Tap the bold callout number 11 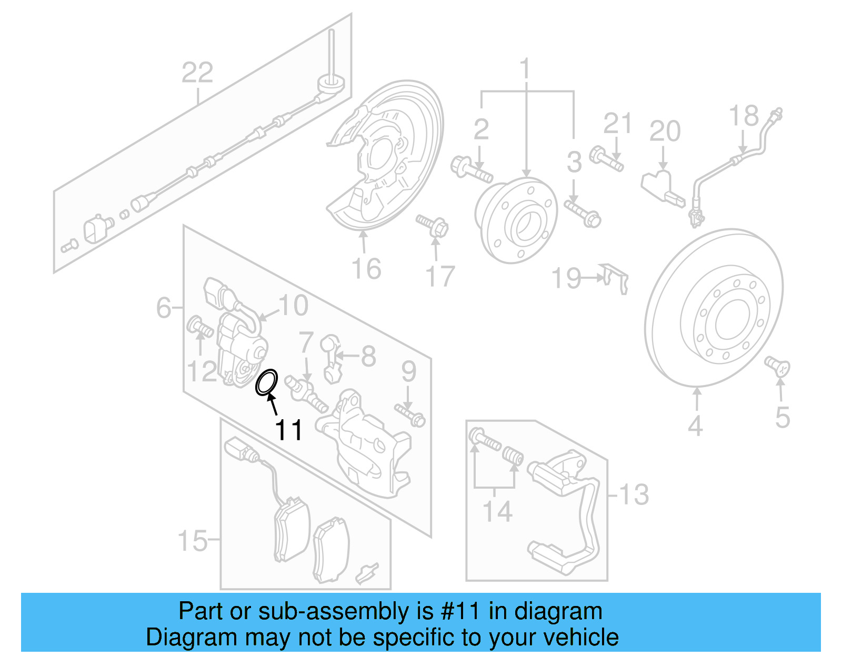pos(289,430)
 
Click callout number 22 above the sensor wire pos(197,73)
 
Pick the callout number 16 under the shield pos(366,269)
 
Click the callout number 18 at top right pos(744,116)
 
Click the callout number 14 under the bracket pos(497,511)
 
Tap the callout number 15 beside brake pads pos(193,540)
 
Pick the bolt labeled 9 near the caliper pos(410,414)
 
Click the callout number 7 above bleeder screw pos(306,342)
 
